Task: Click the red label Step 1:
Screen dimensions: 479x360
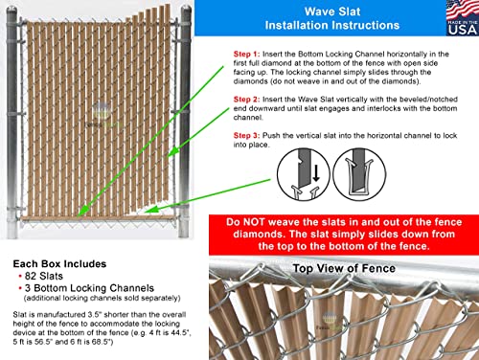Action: pyautogui.click(x=246, y=54)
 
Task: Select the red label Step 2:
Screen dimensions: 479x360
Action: pyautogui.click(x=246, y=100)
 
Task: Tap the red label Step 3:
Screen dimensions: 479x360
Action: pyautogui.click(x=246, y=136)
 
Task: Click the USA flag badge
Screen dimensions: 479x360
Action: pyautogui.click(x=463, y=18)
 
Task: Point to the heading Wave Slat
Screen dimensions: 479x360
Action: pyautogui.click(x=332, y=11)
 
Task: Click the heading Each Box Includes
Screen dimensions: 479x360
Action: pyautogui.click(x=59, y=264)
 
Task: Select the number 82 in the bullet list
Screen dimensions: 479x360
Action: pyautogui.click(x=31, y=276)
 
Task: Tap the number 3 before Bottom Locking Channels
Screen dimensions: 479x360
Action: pyautogui.click(x=28, y=288)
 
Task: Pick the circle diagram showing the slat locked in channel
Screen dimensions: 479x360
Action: pyautogui.click(x=359, y=174)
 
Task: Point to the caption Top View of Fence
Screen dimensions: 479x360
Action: pyautogui.click(x=344, y=268)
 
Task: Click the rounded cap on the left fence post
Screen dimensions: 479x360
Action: pyautogui.click(x=11, y=11)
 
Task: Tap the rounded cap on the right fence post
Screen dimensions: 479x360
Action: pyautogui.click(x=186, y=10)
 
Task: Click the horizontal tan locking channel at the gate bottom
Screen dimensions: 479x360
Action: pyautogui.click(x=99, y=218)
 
